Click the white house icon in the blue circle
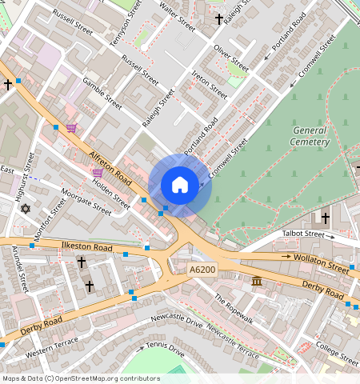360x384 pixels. (x=180, y=185)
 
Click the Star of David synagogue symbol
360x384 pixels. (x=24, y=209)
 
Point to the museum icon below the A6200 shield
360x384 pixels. (x=256, y=282)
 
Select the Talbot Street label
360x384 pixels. (x=304, y=234)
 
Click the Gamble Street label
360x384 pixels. (x=102, y=94)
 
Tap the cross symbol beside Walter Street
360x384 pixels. (x=219, y=18)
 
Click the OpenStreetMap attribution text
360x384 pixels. (x=81, y=378)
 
